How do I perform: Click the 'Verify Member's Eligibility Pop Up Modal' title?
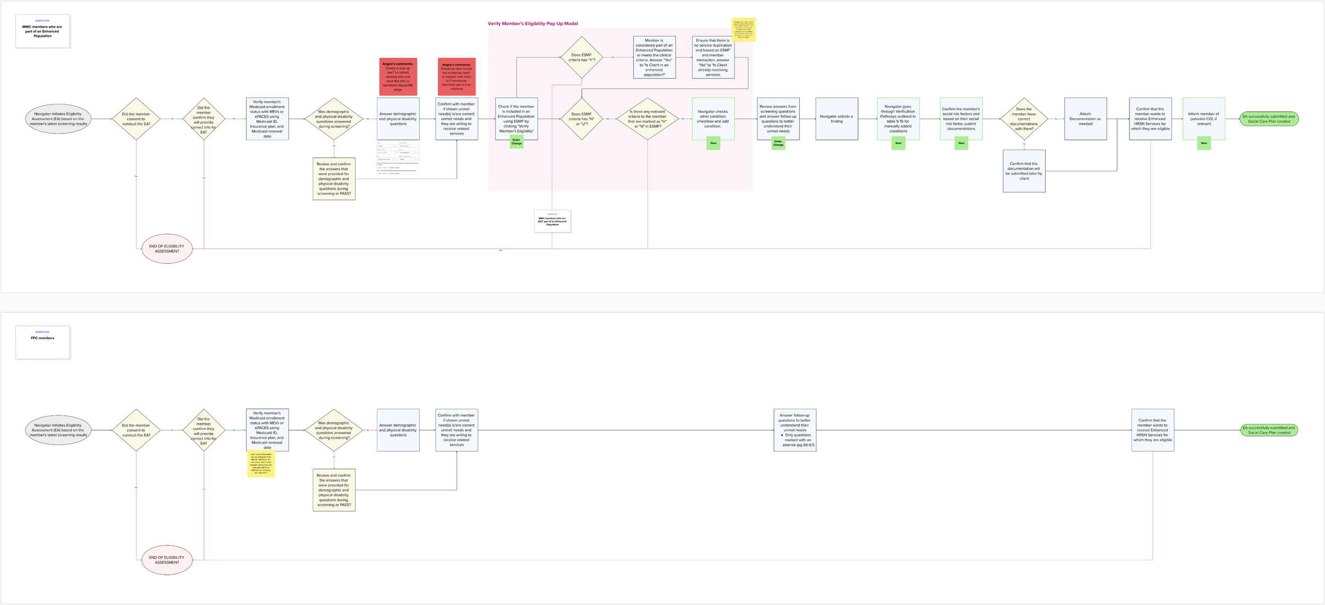coord(533,24)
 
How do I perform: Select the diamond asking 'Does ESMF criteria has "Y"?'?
coord(582,57)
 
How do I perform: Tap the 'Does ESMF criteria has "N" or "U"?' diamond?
coord(582,119)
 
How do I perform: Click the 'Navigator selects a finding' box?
coord(836,119)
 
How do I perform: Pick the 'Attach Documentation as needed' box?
coord(1085,119)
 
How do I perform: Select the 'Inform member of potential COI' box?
coord(1204,119)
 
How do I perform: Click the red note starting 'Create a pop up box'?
coord(398,76)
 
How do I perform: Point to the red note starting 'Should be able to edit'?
coord(456,76)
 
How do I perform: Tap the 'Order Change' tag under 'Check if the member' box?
coord(516,142)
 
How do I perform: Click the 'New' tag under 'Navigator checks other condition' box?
coord(713,143)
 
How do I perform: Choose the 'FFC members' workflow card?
coord(42,342)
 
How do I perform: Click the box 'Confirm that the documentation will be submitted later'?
coord(1024,171)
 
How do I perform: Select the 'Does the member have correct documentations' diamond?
coord(1024,119)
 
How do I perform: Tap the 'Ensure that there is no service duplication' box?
coord(713,57)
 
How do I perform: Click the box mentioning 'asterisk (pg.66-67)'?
coord(794,430)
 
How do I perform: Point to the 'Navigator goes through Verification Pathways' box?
coord(898,119)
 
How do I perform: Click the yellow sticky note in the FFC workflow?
coord(261,464)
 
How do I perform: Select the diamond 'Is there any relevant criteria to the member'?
coord(647,119)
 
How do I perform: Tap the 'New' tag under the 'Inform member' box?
coord(1204,143)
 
